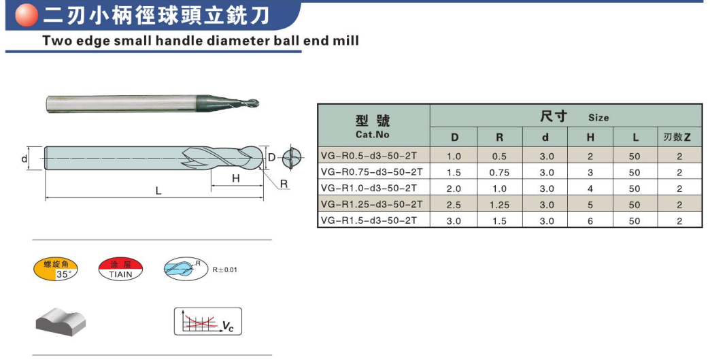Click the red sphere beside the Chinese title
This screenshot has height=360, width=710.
27,15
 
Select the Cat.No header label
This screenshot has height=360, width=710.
372,135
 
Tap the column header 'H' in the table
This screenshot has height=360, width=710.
590,137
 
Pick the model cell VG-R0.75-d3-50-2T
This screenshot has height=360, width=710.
371,172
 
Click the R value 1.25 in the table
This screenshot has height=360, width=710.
499,205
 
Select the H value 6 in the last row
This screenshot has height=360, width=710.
590,221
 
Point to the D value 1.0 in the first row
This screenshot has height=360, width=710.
454,157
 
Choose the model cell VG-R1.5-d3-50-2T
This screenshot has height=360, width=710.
369,220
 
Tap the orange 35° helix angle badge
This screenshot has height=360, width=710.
56,269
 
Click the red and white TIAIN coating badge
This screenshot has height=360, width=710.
120,269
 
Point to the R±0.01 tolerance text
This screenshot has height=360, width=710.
224,270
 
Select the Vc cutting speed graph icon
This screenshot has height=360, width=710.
208,321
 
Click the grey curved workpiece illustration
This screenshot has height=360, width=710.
61,321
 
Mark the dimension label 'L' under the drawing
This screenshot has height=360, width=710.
158,191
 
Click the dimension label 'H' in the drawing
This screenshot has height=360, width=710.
236,178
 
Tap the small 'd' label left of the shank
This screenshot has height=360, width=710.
24,159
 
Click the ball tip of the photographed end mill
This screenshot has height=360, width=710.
253,103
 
